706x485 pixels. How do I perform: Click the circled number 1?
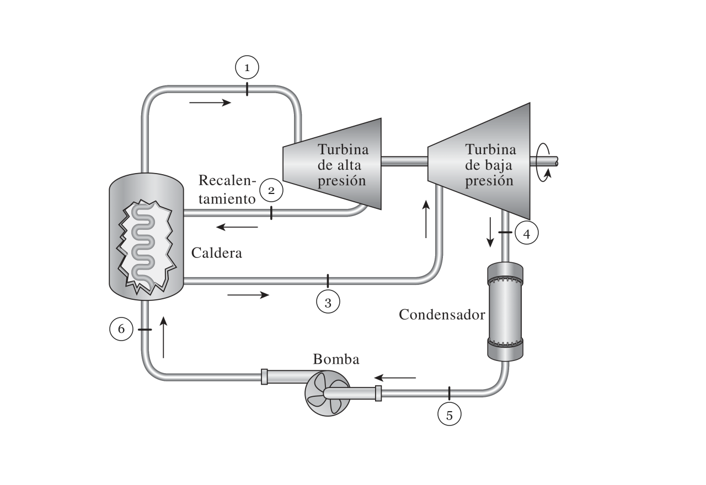click(247, 67)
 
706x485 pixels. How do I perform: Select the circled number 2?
click(271, 190)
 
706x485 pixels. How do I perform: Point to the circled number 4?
click(527, 233)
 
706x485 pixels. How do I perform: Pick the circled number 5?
click(450, 414)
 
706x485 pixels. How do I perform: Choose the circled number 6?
click(121, 329)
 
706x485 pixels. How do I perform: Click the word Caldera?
click(217, 253)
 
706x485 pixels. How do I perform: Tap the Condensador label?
click(442, 314)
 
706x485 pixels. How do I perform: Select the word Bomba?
click(336, 359)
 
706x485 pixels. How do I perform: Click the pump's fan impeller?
click(327, 393)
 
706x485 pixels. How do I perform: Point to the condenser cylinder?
click(505, 311)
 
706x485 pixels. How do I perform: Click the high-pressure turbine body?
click(332, 164)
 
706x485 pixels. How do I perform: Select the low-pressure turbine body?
click(479, 161)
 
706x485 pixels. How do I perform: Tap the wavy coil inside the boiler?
click(143, 246)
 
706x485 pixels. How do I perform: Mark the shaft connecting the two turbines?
click(404, 161)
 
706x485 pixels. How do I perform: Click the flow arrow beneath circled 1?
click(210, 103)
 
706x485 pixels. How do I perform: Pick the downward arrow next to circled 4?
click(490, 232)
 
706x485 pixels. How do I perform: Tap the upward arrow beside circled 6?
click(163, 337)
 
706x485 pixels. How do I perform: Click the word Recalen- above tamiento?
click(227, 180)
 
